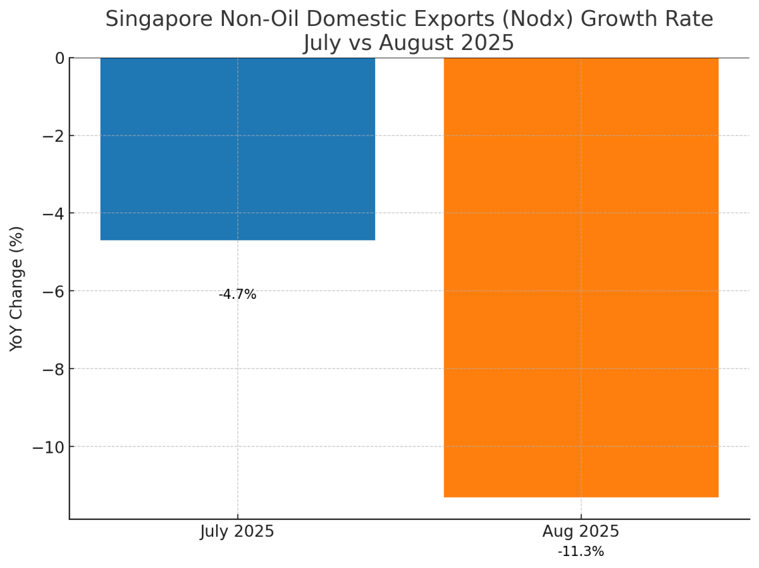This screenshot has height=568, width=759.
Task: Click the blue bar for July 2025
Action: (x=237, y=149)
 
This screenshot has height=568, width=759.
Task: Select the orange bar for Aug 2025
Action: (x=581, y=277)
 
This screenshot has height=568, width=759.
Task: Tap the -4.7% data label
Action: (x=237, y=294)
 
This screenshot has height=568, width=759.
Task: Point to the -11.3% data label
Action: (x=581, y=552)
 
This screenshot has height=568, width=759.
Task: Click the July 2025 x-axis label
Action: (x=237, y=531)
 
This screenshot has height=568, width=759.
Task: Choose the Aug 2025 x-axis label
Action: (x=581, y=531)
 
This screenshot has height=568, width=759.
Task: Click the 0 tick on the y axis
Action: (x=59, y=58)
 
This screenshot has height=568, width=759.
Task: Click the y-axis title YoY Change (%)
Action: (x=17, y=289)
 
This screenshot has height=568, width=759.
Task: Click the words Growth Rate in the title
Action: (x=646, y=20)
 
